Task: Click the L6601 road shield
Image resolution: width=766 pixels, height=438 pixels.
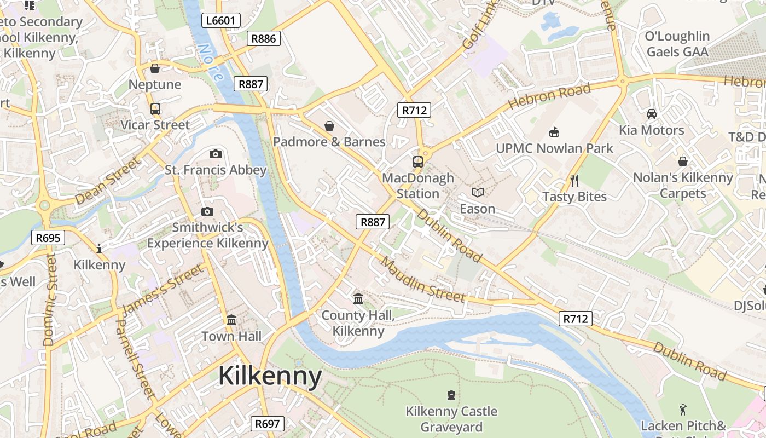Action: click(x=220, y=21)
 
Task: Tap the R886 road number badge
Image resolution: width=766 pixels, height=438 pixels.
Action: click(x=264, y=38)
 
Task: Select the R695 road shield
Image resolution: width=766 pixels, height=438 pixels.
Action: click(x=48, y=238)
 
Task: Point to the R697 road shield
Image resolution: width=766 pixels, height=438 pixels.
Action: click(x=268, y=423)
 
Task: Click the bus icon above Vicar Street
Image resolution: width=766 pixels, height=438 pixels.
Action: click(x=155, y=108)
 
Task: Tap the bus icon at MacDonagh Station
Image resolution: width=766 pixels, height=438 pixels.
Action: click(x=418, y=162)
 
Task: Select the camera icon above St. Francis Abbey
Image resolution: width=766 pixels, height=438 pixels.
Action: click(x=216, y=154)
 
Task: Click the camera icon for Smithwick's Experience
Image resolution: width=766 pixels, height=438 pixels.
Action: click(x=207, y=211)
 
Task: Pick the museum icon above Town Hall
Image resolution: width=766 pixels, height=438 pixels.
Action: click(x=231, y=320)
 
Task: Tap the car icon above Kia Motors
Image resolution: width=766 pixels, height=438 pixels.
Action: click(x=651, y=114)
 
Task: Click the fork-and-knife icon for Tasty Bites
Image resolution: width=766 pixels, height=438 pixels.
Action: click(x=574, y=180)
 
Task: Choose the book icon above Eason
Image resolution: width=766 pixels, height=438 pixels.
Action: click(x=478, y=192)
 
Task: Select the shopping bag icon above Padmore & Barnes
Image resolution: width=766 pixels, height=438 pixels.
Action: click(x=329, y=126)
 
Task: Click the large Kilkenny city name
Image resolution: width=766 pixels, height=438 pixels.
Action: click(x=270, y=376)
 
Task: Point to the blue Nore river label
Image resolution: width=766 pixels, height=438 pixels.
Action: click(x=211, y=62)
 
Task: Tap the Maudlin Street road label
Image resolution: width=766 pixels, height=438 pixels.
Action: click(x=423, y=280)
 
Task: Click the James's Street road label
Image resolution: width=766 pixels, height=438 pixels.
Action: click(x=163, y=290)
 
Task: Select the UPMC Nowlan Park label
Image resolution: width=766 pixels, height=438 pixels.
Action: click(x=554, y=148)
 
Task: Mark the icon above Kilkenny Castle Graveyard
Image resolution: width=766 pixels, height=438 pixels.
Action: click(x=451, y=395)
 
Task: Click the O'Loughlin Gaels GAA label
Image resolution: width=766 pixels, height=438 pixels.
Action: click(x=677, y=44)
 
